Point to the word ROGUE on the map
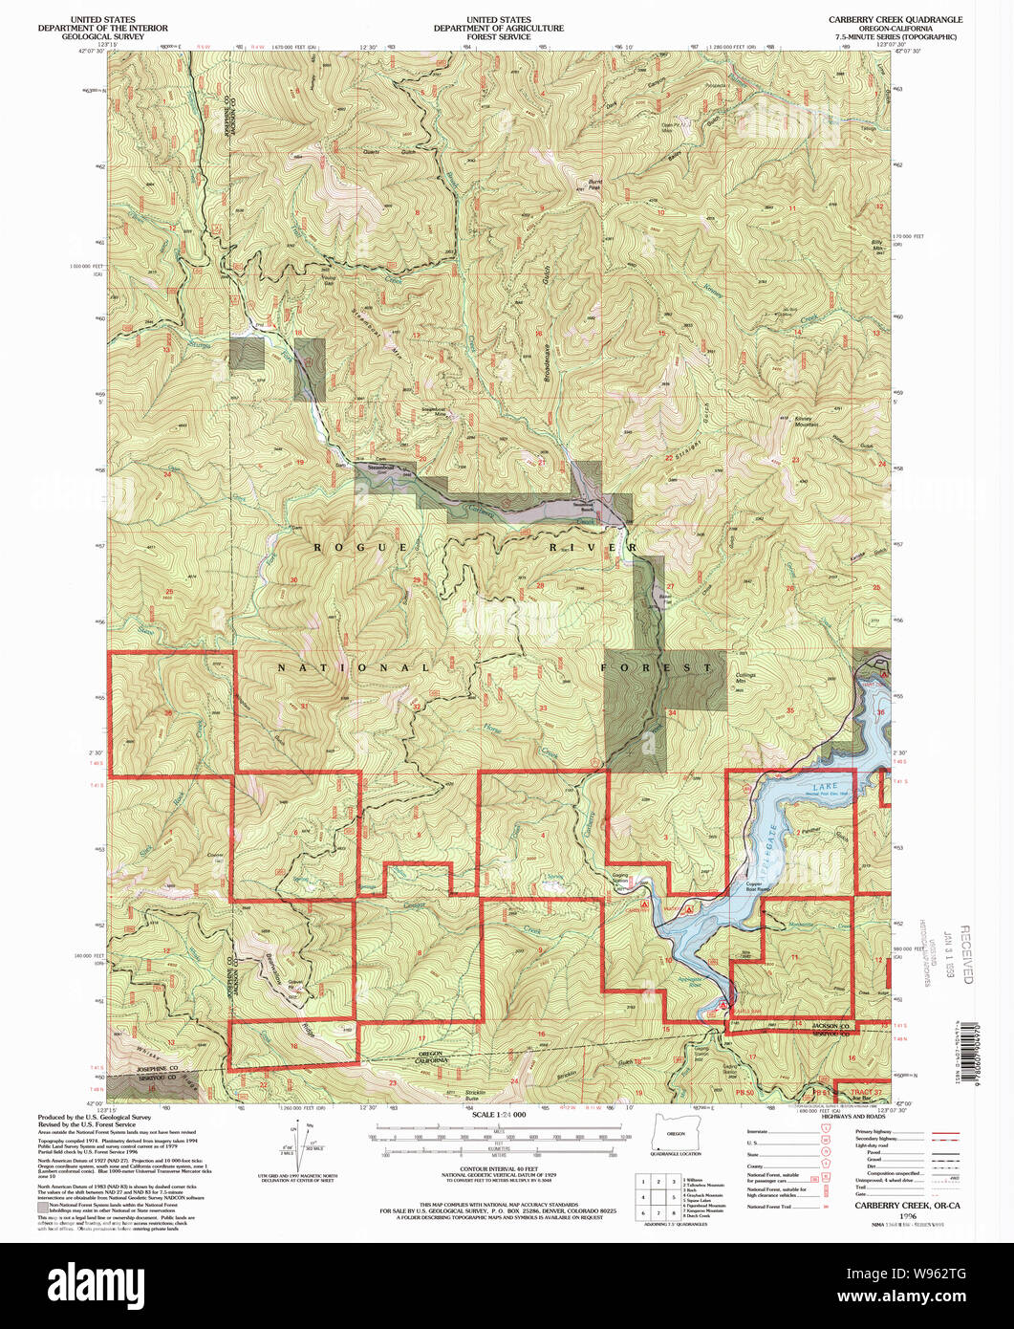pyautogui.click(x=339, y=546)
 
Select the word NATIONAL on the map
pyautogui.click(x=354, y=667)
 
